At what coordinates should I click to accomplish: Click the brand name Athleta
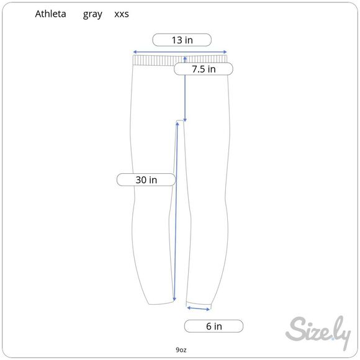(50, 14)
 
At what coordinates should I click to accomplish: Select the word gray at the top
(92, 15)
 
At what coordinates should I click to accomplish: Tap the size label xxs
(122, 14)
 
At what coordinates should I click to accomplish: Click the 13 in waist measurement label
(182, 40)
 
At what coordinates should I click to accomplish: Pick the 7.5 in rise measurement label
(204, 69)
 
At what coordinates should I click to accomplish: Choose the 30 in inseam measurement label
(146, 180)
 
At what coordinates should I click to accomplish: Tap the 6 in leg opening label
(214, 326)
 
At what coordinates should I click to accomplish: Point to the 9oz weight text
(181, 349)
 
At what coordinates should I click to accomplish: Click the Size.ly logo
(318, 332)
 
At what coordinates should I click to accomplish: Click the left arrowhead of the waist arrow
(135, 52)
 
